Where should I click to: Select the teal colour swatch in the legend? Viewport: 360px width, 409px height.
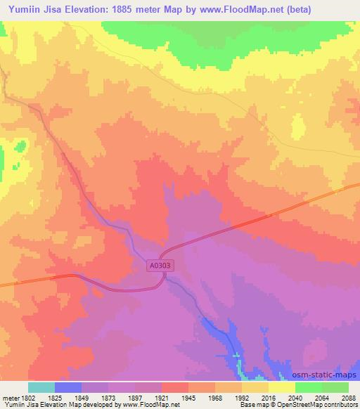[x=41, y=387]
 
